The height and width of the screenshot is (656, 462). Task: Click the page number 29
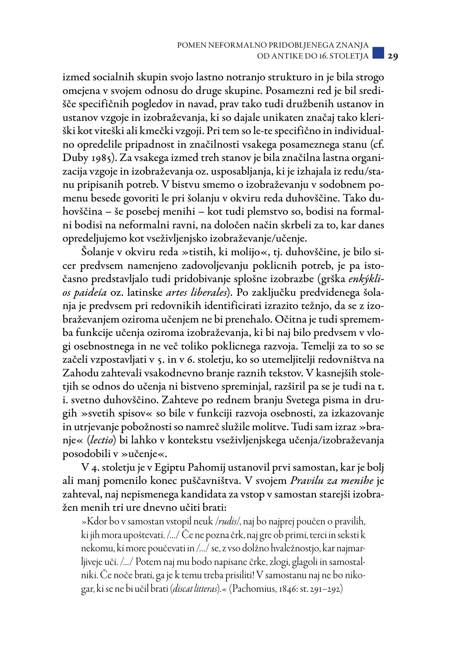pyautogui.click(x=392, y=56)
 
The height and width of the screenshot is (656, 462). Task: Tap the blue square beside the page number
pyautogui.click(x=378, y=53)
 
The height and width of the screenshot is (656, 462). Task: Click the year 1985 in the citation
pyautogui.click(x=101, y=158)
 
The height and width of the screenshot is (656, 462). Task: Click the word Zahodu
pyautogui.click(x=80, y=373)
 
